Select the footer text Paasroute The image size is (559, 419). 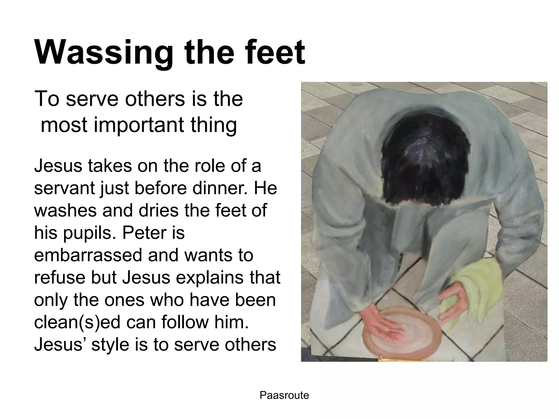pos(284,395)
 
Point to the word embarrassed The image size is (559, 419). pos(87,255)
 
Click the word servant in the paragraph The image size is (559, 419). pos(64,188)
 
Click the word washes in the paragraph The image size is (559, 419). pos(66,210)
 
